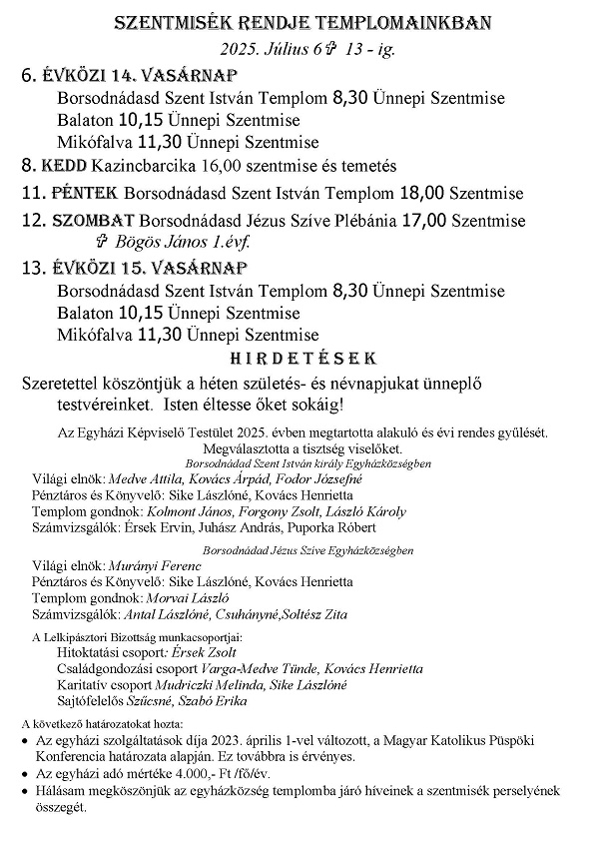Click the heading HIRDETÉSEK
(x=299, y=359)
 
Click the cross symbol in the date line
(x=344, y=48)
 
